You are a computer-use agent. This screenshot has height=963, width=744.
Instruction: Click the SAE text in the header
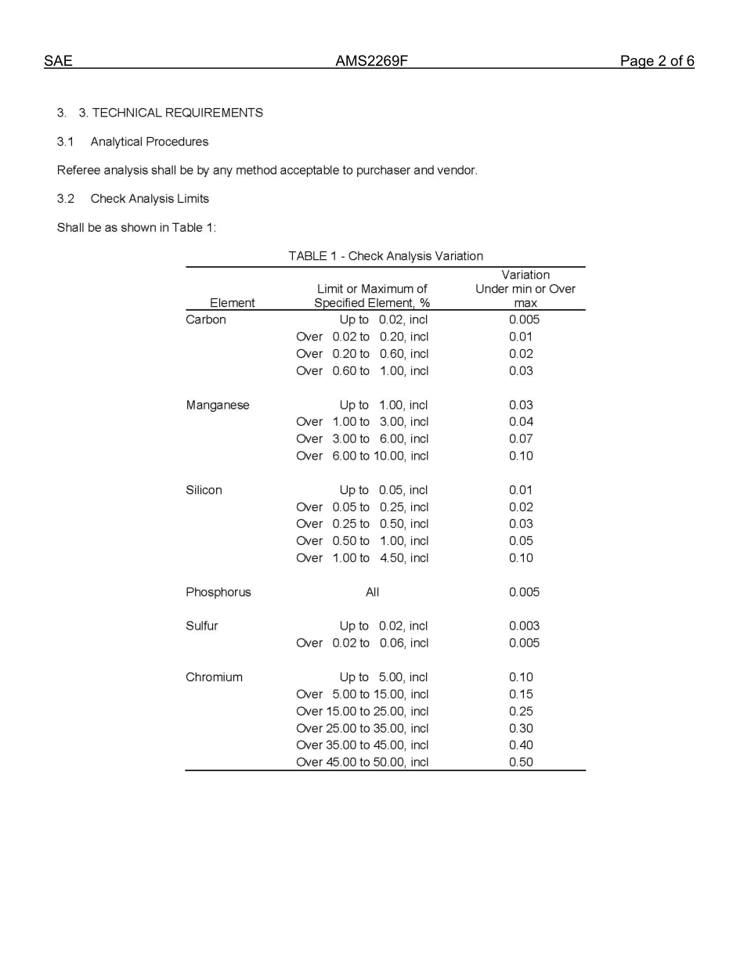(x=58, y=61)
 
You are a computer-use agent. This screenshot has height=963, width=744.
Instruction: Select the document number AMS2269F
(x=371, y=61)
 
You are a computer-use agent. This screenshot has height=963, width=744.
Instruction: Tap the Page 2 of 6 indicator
(x=656, y=61)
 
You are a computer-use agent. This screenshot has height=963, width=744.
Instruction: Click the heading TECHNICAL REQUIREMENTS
(x=177, y=113)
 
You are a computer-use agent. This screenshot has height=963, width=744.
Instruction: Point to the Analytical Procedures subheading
(x=149, y=142)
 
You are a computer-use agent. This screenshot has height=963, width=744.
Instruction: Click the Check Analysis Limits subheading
(x=149, y=199)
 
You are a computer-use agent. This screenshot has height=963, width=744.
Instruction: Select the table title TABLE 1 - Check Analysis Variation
(x=385, y=256)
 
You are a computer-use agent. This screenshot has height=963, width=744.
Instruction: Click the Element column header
(x=232, y=303)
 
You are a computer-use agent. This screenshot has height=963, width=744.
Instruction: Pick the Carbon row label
(x=206, y=319)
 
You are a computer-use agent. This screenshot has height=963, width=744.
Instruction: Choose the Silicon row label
(x=204, y=490)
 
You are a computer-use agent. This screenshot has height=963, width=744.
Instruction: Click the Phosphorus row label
(x=219, y=592)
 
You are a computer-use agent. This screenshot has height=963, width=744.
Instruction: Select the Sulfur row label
(x=202, y=626)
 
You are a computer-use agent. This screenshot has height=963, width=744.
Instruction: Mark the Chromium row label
(x=214, y=677)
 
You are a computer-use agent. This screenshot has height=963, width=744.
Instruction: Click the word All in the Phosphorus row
(x=372, y=592)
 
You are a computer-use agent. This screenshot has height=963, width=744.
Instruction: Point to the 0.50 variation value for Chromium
(x=521, y=763)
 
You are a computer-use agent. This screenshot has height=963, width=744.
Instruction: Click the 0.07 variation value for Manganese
(x=521, y=439)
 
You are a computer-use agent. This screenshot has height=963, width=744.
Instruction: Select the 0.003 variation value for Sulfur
(x=524, y=626)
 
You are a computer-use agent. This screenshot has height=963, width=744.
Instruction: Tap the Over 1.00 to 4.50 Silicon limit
(x=362, y=558)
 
